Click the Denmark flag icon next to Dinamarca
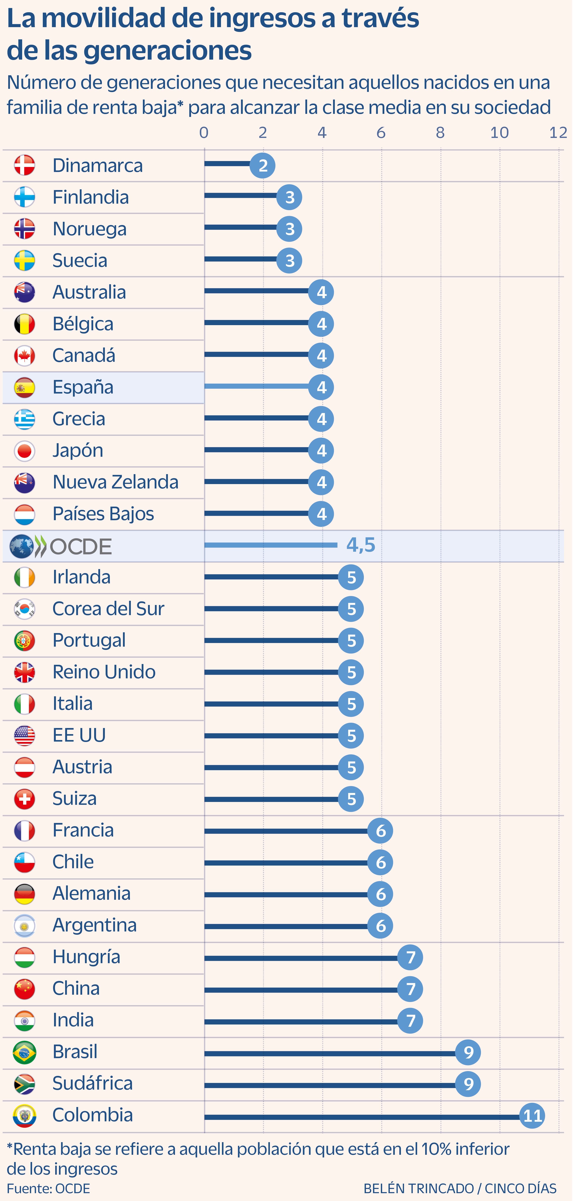[x=24, y=165]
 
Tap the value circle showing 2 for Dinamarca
[x=262, y=165]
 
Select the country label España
[x=83, y=387]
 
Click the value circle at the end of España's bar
[x=321, y=387]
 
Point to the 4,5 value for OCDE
[x=361, y=545]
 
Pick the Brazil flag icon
[x=24, y=1052]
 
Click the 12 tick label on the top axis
[x=558, y=132]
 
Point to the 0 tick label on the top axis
[x=204, y=132]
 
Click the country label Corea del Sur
[x=108, y=608]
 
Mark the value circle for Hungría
[x=410, y=957]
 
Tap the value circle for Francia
[x=380, y=831]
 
